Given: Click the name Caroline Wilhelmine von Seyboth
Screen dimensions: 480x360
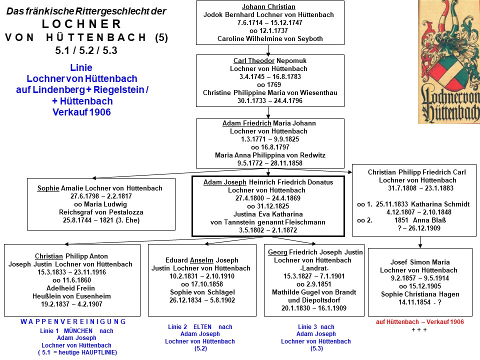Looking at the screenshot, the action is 270,38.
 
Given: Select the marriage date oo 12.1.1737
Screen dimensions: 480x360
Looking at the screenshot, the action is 268,30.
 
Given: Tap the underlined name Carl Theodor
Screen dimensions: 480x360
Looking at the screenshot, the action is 254,60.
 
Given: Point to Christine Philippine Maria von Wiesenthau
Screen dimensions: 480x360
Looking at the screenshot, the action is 270,92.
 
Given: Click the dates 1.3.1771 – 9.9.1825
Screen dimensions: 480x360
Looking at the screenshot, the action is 269,139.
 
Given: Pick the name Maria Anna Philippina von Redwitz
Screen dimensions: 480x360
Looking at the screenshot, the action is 270,155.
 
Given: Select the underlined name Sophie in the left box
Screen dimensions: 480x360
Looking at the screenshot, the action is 48,188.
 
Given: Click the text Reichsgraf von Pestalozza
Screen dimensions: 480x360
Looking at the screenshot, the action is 101,212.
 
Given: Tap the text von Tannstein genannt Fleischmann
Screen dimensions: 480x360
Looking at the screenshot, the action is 268,222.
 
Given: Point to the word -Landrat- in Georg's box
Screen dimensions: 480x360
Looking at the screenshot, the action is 314,268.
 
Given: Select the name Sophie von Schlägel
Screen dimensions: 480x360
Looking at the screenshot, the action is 202,291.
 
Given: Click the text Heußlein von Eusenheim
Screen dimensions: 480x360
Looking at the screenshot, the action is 71,296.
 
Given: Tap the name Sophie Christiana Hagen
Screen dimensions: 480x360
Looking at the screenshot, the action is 420,294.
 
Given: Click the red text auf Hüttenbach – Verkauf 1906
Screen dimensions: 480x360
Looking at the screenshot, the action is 419,321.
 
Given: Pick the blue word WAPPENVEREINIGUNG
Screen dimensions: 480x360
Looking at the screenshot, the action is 73,321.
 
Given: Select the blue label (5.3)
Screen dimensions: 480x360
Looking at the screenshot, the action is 316,348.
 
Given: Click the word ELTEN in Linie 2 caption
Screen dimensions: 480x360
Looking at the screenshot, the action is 202,326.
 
